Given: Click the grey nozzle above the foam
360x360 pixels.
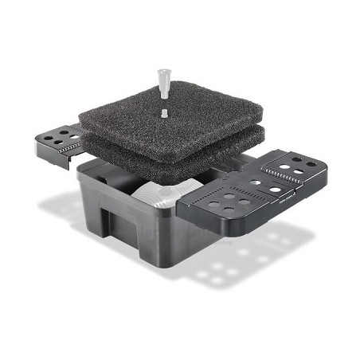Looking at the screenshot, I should pos(165,83).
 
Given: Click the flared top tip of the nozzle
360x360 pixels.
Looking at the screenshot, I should pos(165,70).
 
